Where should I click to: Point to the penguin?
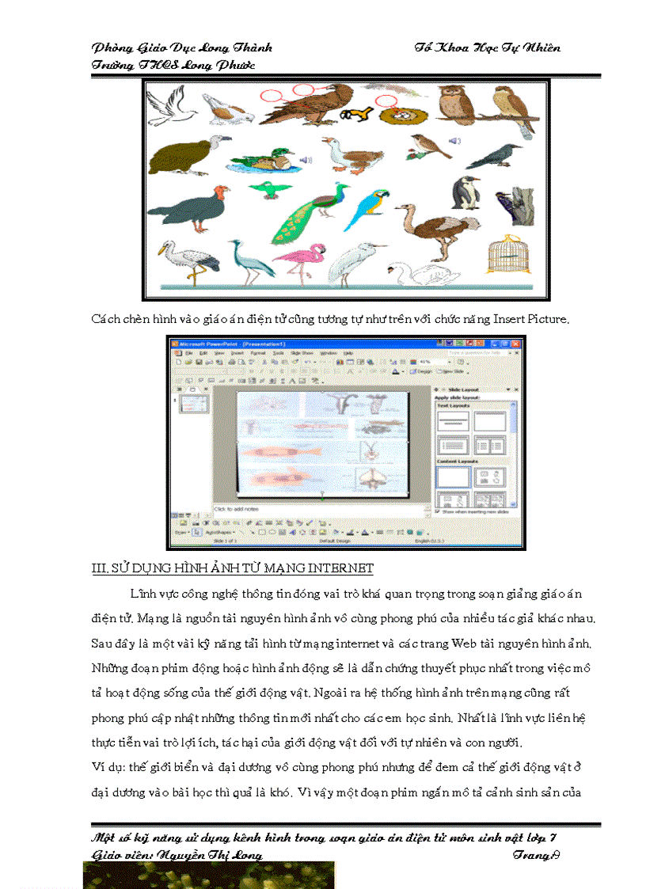point(465,194)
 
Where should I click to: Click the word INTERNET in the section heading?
point(341,569)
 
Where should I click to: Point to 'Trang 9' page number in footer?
point(536,855)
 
